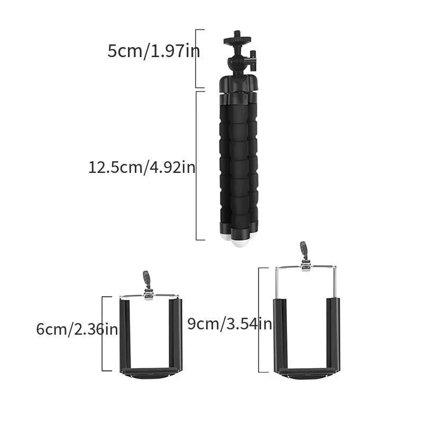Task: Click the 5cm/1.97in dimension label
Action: click(x=154, y=52)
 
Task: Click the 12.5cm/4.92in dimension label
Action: click(x=142, y=168)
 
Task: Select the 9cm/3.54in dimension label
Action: click(x=229, y=324)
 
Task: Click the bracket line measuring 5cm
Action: click(x=197, y=58)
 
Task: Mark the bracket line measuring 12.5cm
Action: click(x=197, y=165)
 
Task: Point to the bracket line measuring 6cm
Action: click(x=103, y=334)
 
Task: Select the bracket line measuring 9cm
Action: click(x=260, y=320)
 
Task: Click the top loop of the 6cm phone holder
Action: click(x=146, y=279)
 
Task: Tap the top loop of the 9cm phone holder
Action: click(x=304, y=250)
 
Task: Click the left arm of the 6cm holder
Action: click(x=125, y=333)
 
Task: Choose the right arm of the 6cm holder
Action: click(x=176, y=333)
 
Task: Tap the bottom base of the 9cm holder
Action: click(x=307, y=372)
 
